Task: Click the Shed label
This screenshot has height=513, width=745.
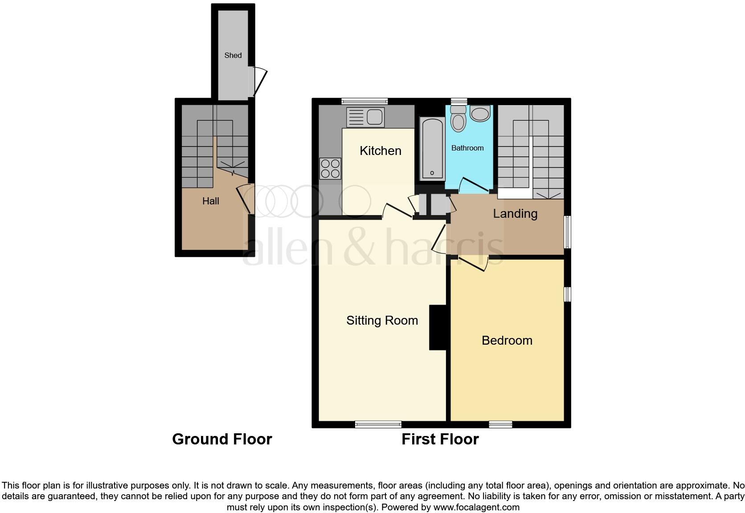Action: [x=233, y=55]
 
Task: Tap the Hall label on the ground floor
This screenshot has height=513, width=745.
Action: [x=210, y=201]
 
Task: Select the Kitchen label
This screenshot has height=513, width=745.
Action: [x=380, y=151]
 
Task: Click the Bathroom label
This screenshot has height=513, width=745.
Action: [x=467, y=148]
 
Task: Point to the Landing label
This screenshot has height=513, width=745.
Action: [x=515, y=214]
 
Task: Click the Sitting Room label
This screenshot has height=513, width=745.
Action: [x=382, y=321]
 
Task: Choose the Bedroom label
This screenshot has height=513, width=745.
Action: [x=507, y=341]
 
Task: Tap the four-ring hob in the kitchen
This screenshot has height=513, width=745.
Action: [x=330, y=169]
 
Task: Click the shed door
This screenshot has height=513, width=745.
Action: [x=258, y=82]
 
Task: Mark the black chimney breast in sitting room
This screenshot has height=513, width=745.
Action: [x=438, y=327]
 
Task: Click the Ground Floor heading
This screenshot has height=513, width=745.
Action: [x=222, y=440]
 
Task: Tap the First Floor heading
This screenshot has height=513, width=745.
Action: [x=440, y=440]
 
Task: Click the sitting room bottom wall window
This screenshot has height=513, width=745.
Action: [x=378, y=424]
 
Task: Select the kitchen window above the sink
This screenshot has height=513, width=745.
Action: [x=364, y=101]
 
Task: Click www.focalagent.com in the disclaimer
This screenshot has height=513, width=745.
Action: [x=476, y=507]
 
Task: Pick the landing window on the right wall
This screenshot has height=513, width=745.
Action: [x=567, y=232]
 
